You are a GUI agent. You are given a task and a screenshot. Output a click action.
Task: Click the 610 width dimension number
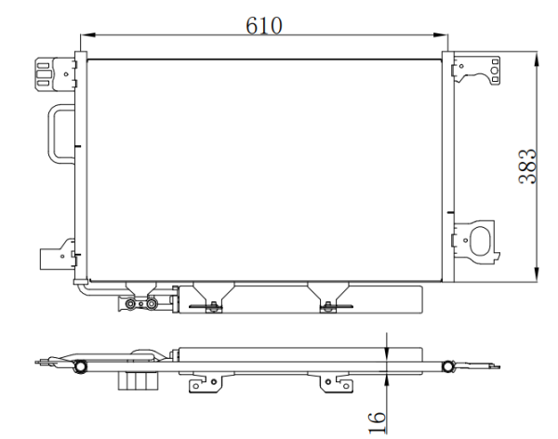click(264, 25)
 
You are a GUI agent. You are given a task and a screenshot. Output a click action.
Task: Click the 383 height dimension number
click(527, 166)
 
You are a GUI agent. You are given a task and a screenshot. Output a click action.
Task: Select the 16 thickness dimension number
click(378, 422)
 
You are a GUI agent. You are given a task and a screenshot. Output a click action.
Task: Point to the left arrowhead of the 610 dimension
click(88, 35)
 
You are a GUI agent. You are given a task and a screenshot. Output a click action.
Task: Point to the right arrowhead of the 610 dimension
click(440, 35)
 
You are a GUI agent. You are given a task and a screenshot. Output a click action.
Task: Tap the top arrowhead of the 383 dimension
click(537, 60)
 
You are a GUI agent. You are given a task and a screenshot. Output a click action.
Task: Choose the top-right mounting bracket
click(476, 70)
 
